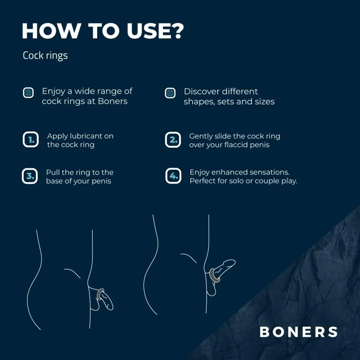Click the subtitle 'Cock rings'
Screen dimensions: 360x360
45,56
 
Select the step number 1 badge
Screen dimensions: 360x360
30,139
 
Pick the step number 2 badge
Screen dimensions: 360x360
173,139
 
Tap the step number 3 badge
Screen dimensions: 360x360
30,176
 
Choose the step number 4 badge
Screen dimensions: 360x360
173,176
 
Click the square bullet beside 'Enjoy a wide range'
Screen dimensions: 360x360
28,93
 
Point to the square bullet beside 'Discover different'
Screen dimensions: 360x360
170,93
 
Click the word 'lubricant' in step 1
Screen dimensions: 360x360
90,136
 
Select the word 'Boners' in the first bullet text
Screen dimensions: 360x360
112,101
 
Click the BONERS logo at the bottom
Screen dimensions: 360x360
298,332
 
